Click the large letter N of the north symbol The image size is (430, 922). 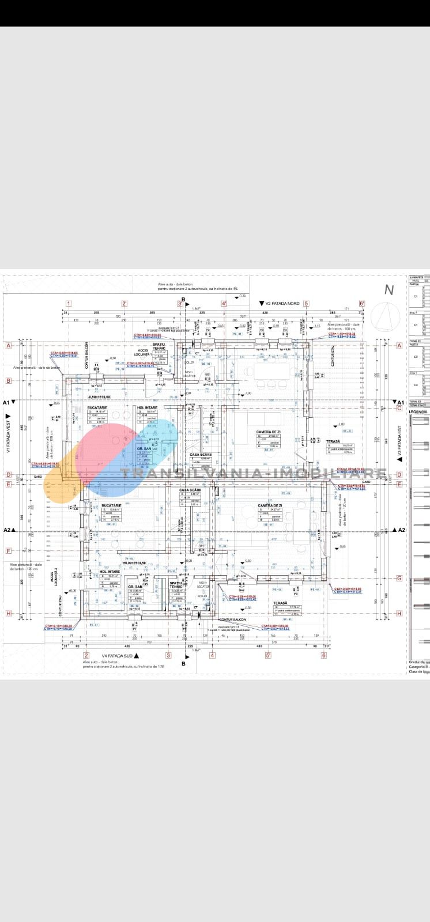pyautogui.click(x=389, y=289)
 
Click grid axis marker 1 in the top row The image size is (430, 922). pyautogui.click(x=69, y=304)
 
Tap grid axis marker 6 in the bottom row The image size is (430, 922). pyautogui.click(x=324, y=655)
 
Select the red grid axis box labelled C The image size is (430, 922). pyautogui.click(x=399, y=409)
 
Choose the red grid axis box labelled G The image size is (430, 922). pyautogui.click(x=399, y=578)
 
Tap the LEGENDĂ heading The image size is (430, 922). pyautogui.click(x=418, y=411)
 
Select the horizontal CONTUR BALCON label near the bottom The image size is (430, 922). pyautogui.click(x=233, y=619)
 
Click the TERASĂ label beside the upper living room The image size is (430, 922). pyautogui.click(x=333, y=441)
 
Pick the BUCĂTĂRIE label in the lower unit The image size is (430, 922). pyautogui.click(x=111, y=505)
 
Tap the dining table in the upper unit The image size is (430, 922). pyautogui.click(x=272, y=372)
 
